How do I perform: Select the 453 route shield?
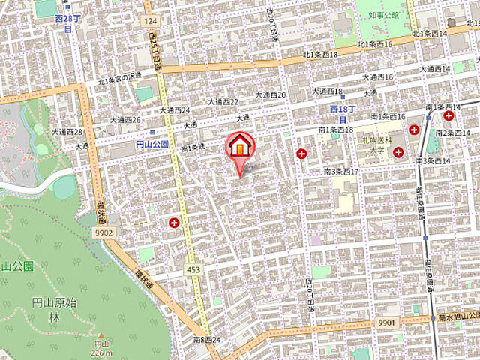click(193, 268)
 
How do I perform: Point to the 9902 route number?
click(103, 233)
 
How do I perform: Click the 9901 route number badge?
click(388, 322)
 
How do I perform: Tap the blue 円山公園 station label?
click(152, 145)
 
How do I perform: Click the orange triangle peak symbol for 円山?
click(101, 336)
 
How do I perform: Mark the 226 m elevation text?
click(101, 353)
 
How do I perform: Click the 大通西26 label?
click(127, 119)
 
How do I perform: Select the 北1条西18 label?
click(321, 55)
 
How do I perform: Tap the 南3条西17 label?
click(342, 172)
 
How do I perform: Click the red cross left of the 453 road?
click(175, 223)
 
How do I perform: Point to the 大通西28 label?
click(67, 131)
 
